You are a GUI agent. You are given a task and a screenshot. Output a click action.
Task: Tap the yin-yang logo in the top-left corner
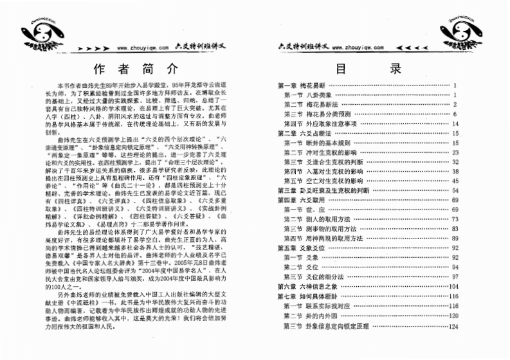click(x=23, y=32)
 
